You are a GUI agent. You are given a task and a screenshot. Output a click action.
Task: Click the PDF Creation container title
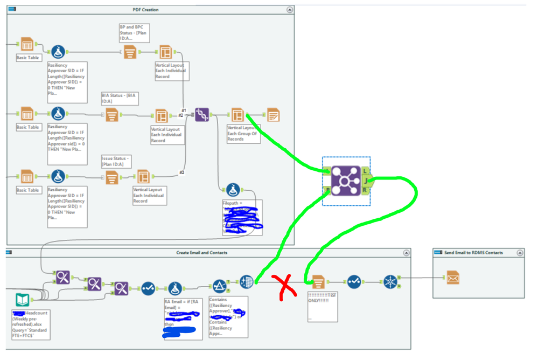145,10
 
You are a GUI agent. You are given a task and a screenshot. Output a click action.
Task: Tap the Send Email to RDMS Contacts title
470,252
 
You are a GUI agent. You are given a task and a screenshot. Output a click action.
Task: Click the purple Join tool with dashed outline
345,180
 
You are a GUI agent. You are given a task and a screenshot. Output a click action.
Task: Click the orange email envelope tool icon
452,279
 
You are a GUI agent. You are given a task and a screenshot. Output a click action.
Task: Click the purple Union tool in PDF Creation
202,115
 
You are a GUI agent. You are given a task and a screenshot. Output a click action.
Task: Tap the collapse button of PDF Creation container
290,10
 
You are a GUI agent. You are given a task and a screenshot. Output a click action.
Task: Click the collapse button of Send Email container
520,252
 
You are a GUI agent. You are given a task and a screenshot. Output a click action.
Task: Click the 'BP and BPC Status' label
133,32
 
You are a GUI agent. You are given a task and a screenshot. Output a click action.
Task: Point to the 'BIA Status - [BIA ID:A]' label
120,98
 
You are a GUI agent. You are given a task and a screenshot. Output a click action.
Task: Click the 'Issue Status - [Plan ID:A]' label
116,161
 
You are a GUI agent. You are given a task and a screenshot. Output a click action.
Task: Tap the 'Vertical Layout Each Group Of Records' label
243,133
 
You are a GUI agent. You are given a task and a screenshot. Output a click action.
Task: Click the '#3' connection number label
182,172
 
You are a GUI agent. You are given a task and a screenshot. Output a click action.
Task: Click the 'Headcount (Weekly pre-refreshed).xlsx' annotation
31,324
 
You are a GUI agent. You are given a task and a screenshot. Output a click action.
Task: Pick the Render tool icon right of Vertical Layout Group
273,115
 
